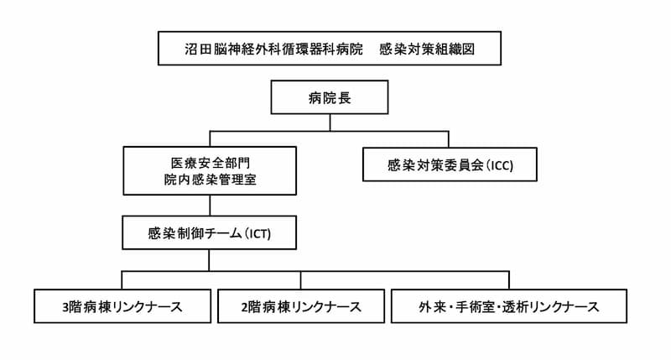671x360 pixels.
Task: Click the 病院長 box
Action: pyautogui.click(x=330, y=97)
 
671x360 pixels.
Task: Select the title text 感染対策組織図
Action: pyautogui.click(x=427, y=49)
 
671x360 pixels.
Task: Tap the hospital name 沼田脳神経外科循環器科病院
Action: pyautogui.click(x=274, y=49)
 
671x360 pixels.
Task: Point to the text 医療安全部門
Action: pyautogui.click(x=211, y=163)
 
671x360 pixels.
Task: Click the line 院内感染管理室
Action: pyautogui.click(x=211, y=180)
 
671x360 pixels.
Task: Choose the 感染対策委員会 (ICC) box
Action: pyautogui.click(x=450, y=164)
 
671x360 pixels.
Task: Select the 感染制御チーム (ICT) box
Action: pyautogui.click(x=209, y=232)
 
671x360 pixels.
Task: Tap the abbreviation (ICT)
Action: pyautogui.click(x=258, y=234)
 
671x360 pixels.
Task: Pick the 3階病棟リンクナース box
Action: pyautogui.click(x=122, y=306)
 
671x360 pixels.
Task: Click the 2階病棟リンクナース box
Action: pyautogui.click(x=301, y=306)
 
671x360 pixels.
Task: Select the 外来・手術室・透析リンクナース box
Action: pyautogui.click(x=509, y=306)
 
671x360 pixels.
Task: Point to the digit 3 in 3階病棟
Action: pyautogui.click(x=65, y=307)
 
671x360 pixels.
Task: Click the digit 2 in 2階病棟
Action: pyautogui.click(x=244, y=307)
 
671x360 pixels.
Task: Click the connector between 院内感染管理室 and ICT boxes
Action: pyautogui.click(x=210, y=206)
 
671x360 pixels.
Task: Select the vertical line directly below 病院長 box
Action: pyautogui.click(x=330, y=123)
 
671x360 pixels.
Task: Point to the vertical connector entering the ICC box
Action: pyautogui.click(x=449, y=139)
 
